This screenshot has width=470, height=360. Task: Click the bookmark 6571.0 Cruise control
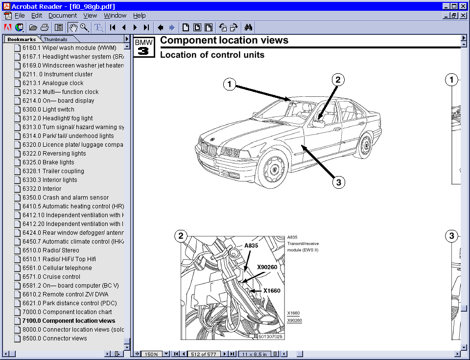[x=61, y=277]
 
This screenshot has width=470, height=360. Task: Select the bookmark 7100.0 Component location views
[x=69, y=321]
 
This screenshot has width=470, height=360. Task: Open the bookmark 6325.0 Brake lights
[x=58, y=162]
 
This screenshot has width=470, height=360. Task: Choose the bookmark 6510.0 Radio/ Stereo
[x=61, y=250]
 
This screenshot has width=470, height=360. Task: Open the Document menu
[x=63, y=16]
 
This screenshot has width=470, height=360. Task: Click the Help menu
[x=140, y=16]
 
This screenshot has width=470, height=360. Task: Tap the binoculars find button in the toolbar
[x=248, y=27]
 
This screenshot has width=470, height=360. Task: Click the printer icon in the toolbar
[x=45, y=27]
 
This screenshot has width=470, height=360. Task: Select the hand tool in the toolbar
[x=73, y=27]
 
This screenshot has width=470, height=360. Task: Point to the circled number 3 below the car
[x=337, y=182]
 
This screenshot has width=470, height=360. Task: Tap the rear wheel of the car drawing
[x=365, y=144]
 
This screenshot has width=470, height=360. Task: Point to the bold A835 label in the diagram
[x=251, y=246]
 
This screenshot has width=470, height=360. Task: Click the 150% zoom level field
[x=152, y=354]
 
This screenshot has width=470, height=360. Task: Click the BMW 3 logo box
[x=144, y=47]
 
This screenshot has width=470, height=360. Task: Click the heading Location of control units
[x=212, y=55]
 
